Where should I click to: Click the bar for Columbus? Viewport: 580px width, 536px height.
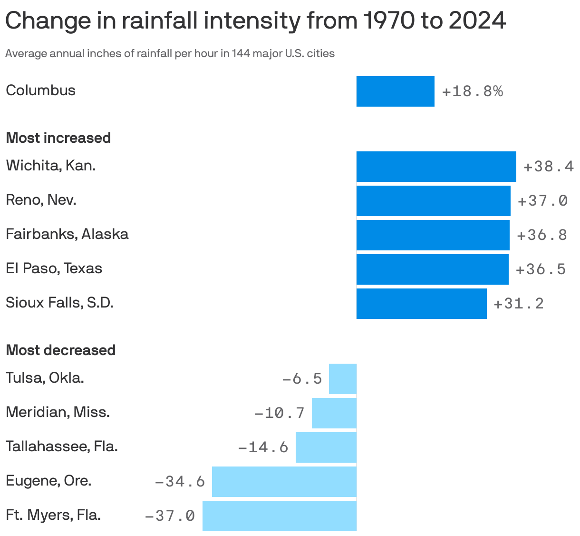(395, 91)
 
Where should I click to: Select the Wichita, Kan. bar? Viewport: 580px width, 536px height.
(436, 167)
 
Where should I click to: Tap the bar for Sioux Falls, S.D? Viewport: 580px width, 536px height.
(421, 304)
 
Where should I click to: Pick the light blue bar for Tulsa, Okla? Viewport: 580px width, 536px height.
(342, 379)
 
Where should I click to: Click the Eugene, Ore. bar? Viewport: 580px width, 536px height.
(284, 482)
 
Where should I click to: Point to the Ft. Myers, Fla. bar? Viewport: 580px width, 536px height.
(279, 516)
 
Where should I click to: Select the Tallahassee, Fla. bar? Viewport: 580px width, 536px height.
(326, 447)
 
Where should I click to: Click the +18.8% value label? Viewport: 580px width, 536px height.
(472, 91)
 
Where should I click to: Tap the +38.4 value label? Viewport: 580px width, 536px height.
(548, 167)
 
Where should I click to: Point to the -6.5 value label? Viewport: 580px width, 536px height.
(302, 379)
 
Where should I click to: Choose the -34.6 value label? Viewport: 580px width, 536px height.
(180, 482)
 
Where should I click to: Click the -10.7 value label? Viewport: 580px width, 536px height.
(280, 413)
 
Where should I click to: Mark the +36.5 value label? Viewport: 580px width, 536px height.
(541, 269)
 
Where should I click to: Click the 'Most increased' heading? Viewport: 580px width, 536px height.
(58, 138)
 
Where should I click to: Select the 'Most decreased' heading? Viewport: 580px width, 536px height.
(60, 350)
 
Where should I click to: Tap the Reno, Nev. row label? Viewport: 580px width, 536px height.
(41, 200)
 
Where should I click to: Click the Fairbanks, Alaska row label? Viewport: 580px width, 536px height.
(67, 234)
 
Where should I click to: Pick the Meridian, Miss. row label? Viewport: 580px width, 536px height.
(58, 412)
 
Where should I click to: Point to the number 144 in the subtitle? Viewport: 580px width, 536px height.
(241, 53)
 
